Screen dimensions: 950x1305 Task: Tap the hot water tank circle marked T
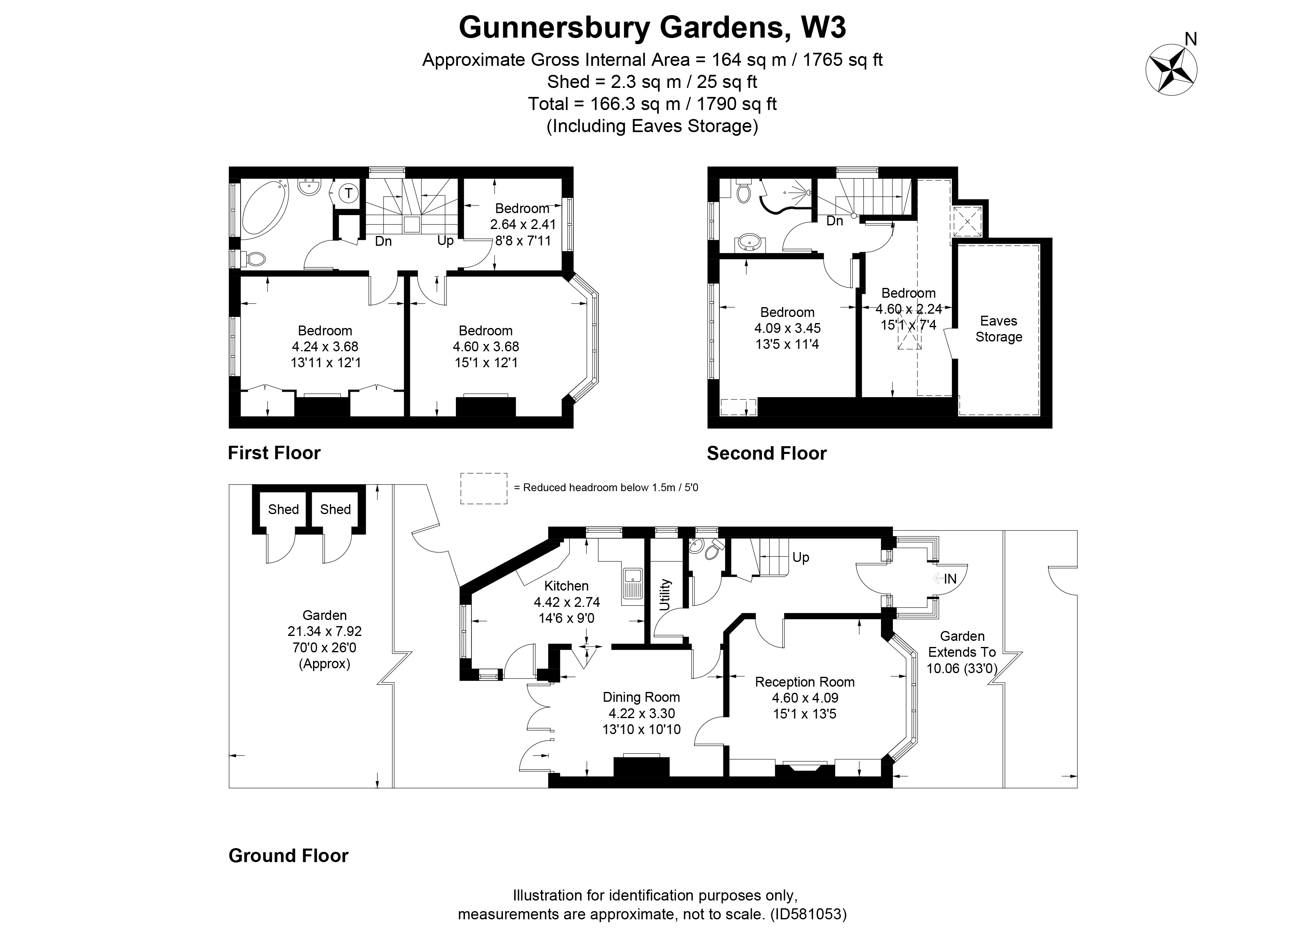pos(348,193)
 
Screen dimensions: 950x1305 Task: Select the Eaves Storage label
pos(998,329)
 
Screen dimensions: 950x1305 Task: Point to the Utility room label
pos(665,595)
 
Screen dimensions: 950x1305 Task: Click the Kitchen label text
pos(566,586)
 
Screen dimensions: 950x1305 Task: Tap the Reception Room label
pos(805,682)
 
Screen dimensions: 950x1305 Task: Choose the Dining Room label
pos(641,697)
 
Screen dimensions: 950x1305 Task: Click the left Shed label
pos(283,510)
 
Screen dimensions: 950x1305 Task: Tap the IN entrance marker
pos(949,579)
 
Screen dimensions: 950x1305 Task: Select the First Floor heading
pos(274,453)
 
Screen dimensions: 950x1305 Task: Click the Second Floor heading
pos(766,454)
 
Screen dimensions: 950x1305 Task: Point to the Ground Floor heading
pos(288,856)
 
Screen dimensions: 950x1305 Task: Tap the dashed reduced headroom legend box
pos(483,488)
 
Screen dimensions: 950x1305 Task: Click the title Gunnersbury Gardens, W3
pos(652,27)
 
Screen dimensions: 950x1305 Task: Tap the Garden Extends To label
pos(962,652)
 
